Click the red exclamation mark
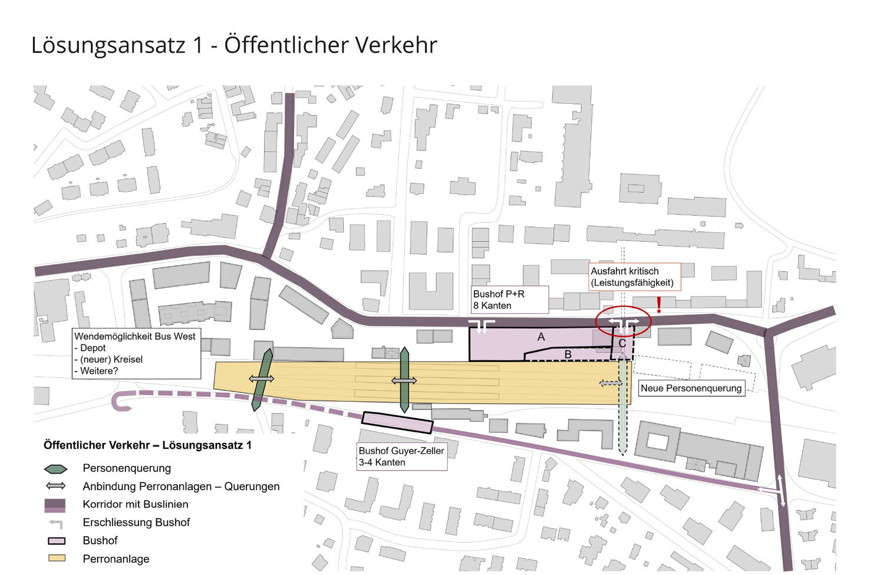click(659, 304)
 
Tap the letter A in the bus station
click(541, 337)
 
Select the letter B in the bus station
click(568, 354)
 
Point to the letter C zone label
click(622, 344)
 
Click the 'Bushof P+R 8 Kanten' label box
click(510, 300)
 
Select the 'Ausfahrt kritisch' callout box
click(635, 277)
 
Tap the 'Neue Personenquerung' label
click(691, 388)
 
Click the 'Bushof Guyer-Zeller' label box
click(402, 456)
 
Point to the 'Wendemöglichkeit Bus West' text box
click(136, 353)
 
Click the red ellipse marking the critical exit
click(623, 322)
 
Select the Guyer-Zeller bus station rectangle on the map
click(397, 422)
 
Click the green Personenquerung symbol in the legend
click(56, 469)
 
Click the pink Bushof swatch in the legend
click(56, 541)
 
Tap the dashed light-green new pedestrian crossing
click(622, 413)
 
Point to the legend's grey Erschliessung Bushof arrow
click(56, 523)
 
